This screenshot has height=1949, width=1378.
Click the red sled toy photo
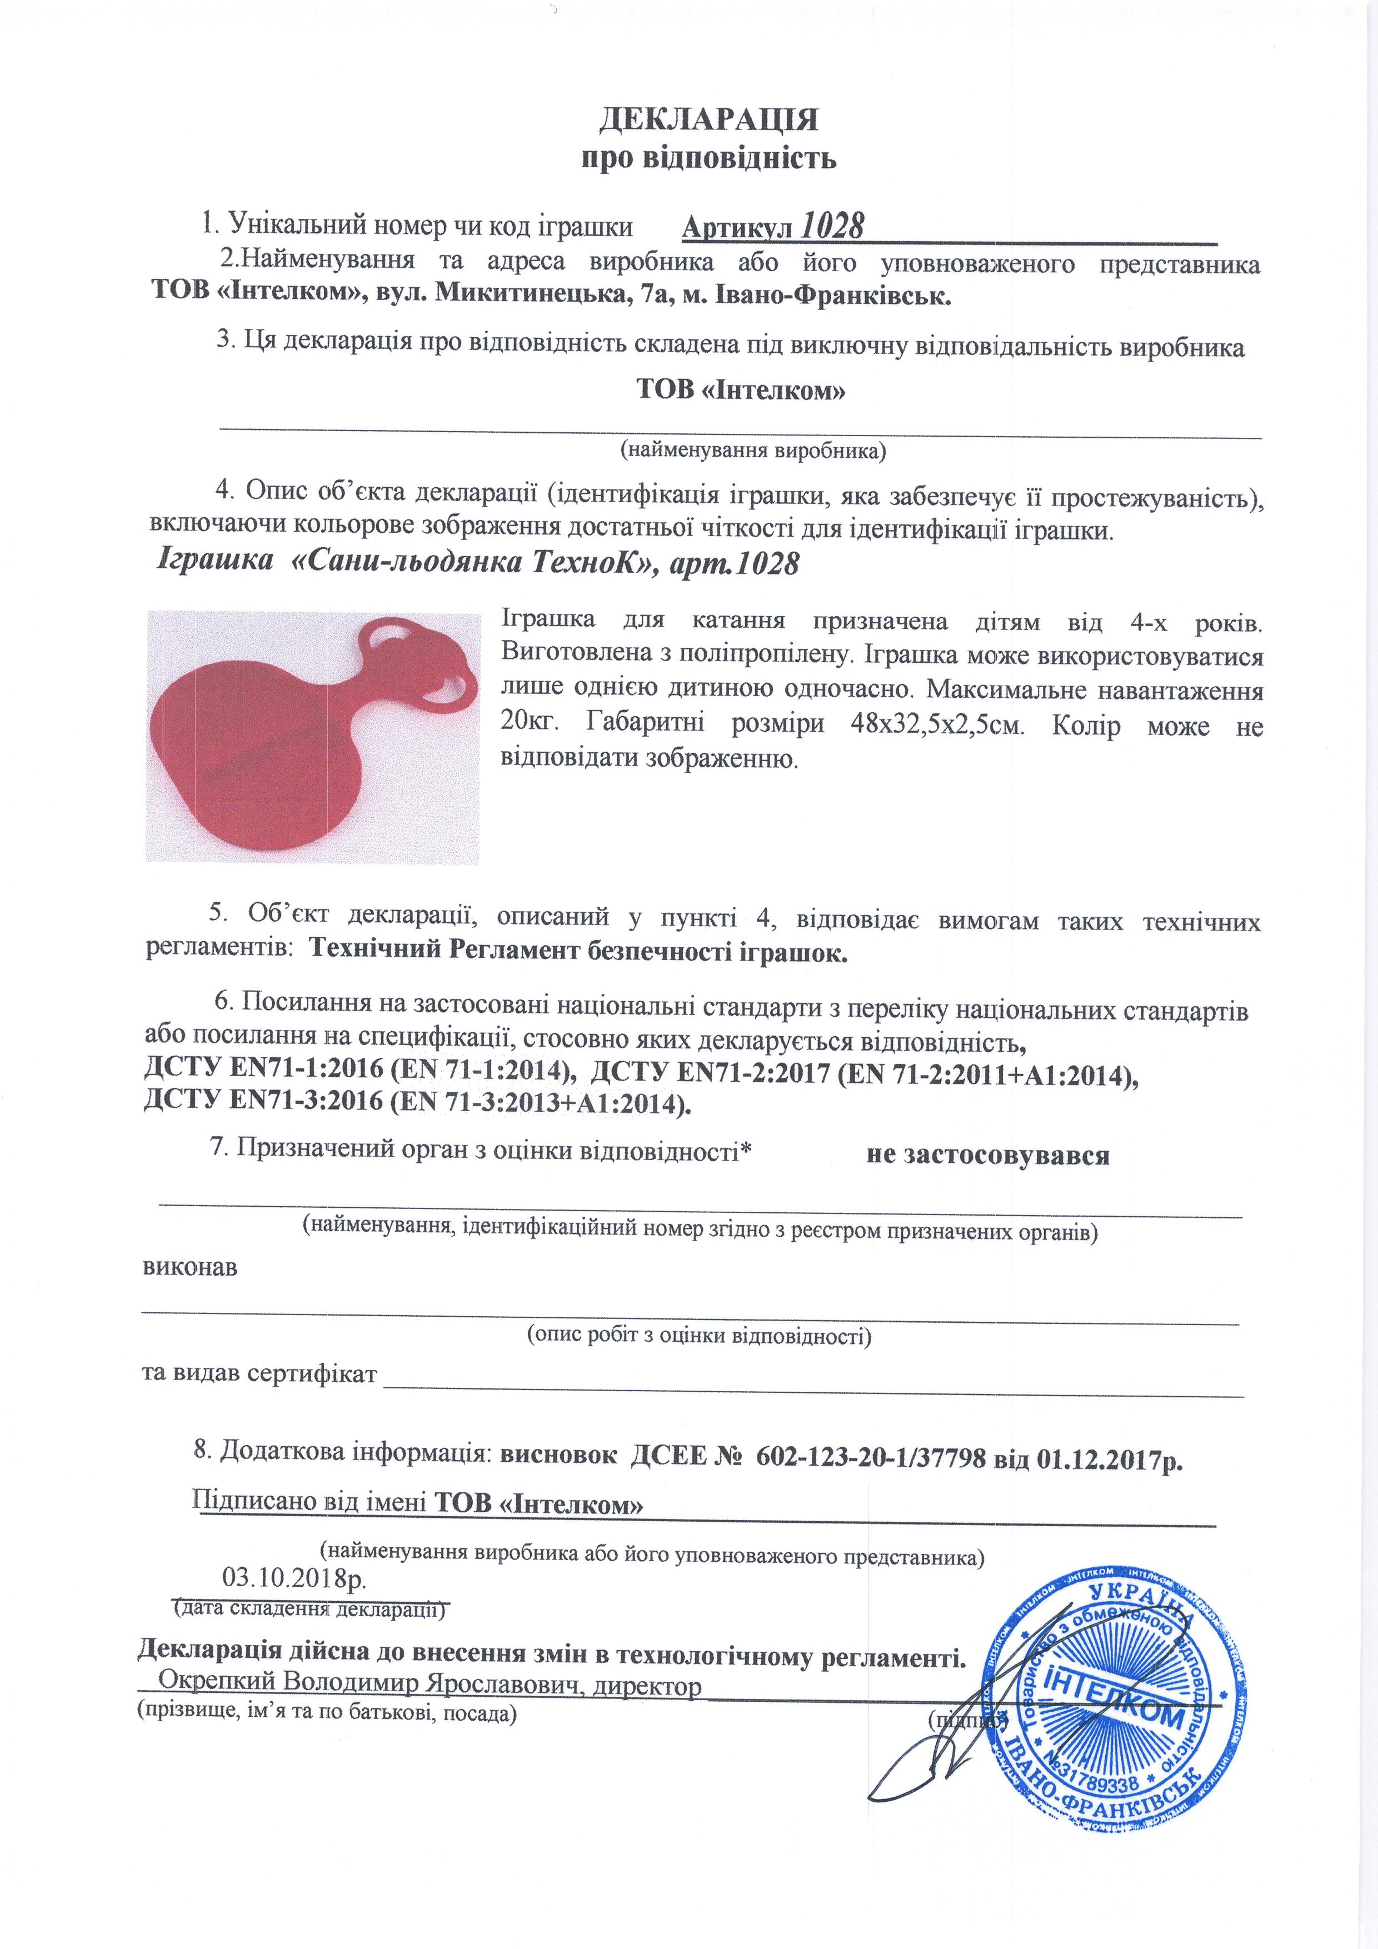point(312,736)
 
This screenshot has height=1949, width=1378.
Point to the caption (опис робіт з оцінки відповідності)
point(700,1335)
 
